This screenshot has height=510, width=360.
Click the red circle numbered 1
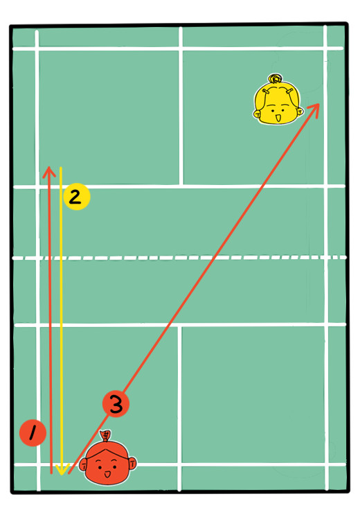[x=33, y=433]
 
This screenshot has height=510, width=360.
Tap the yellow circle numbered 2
[x=77, y=197]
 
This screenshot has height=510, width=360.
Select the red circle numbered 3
[x=116, y=404]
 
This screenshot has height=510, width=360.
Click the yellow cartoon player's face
[x=278, y=101]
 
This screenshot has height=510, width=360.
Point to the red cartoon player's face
[x=107, y=459]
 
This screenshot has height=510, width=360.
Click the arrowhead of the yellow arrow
[x=62, y=469]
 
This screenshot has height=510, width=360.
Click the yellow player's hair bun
[x=276, y=78]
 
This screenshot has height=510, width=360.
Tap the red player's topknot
[x=106, y=435]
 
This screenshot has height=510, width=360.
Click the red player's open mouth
[x=107, y=474]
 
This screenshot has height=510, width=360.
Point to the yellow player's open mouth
[x=278, y=118]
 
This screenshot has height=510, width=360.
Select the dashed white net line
[x=179, y=258]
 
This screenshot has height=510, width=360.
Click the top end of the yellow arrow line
[x=61, y=168]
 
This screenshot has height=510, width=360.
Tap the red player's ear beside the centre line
[x=133, y=463]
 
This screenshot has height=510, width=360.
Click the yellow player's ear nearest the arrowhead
[x=300, y=112]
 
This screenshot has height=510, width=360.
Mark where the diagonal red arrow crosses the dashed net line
[x=213, y=258]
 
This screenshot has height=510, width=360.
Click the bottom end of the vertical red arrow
[x=51, y=473]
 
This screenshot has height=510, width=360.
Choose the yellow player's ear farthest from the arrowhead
[x=257, y=114]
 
